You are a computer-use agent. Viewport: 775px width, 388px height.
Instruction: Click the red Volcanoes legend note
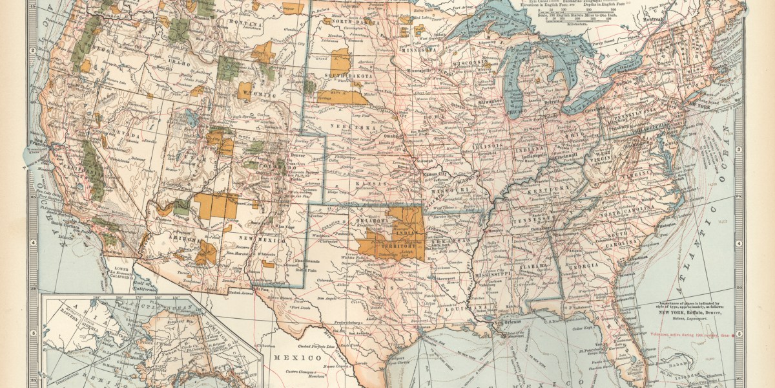click(694, 334)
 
